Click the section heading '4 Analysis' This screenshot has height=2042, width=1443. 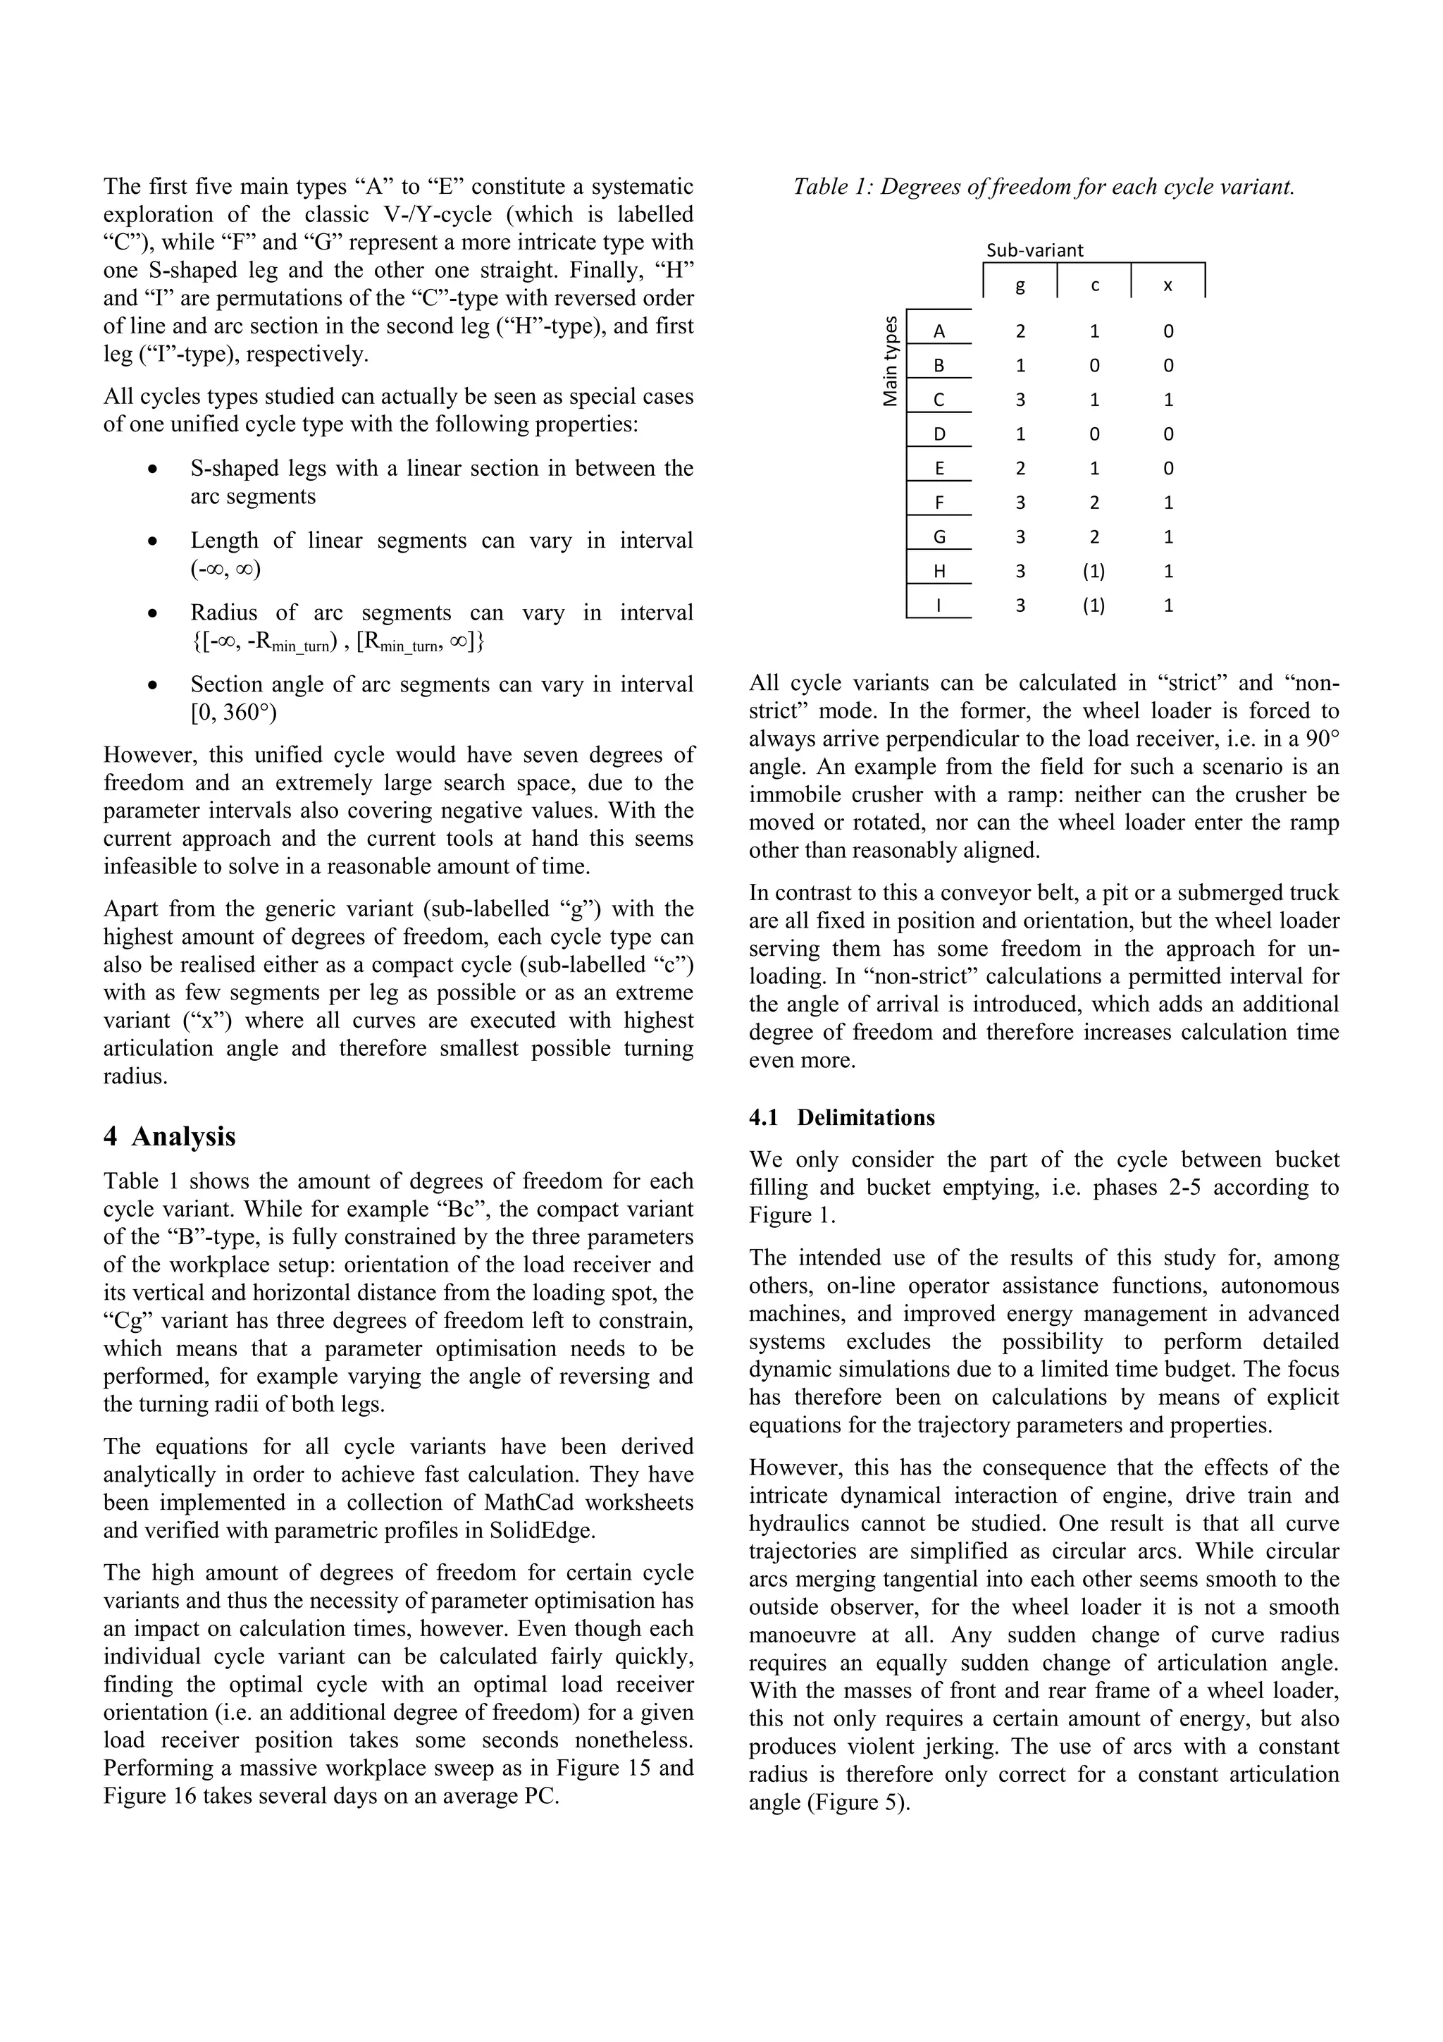click(170, 1137)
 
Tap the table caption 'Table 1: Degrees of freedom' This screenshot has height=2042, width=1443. click(1043, 187)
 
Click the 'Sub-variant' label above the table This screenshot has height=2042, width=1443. click(1035, 250)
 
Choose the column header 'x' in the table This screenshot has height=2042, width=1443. click(1168, 285)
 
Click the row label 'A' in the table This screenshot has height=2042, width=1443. click(939, 332)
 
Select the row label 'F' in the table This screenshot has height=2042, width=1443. click(939, 503)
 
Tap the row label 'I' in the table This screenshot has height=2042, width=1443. click(939, 605)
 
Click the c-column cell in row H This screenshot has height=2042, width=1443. click(1094, 571)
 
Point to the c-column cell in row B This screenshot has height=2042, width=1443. click(1094, 366)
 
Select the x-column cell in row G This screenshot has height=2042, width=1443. click(1168, 537)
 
